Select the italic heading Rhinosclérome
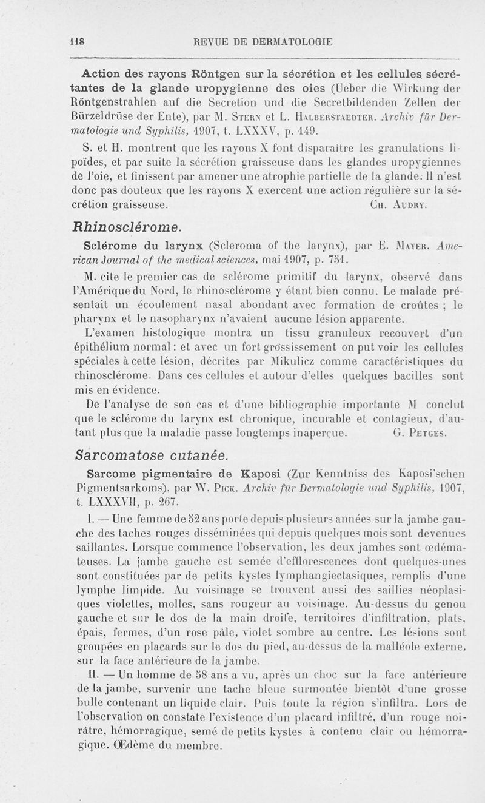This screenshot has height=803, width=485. tap(126, 227)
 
